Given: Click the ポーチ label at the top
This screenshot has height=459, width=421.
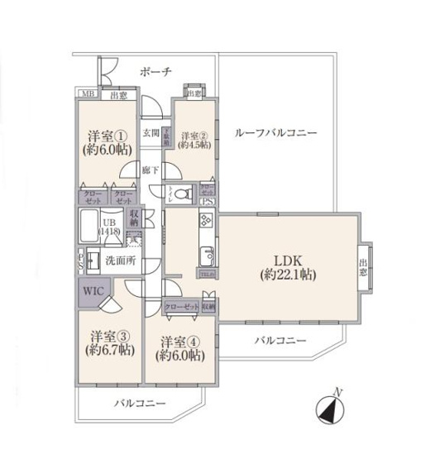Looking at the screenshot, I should (155, 72).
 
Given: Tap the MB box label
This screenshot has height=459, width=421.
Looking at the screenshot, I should (87, 95).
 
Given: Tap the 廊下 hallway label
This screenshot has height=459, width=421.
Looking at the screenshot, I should (149, 171).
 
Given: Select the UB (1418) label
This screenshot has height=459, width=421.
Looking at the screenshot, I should (108, 228).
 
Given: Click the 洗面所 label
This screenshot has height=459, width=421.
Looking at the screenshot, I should (120, 261).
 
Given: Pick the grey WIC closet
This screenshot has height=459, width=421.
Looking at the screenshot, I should (92, 291).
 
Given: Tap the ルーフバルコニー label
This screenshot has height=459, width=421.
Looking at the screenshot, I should (275, 132).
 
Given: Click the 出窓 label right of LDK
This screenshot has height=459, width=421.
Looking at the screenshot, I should (365, 264).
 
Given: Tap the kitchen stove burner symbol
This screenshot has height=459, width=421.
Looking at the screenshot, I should (205, 221).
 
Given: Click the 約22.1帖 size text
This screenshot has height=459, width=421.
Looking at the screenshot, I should (287, 273).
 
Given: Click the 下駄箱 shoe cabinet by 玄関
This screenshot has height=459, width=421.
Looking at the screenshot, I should (165, 135).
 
